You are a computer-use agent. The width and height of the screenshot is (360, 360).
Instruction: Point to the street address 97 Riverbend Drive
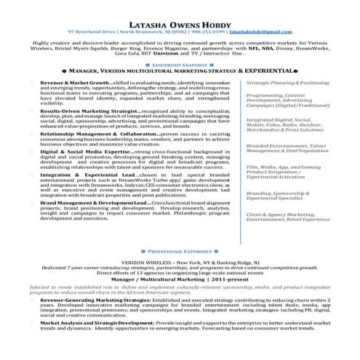tap(92, 33)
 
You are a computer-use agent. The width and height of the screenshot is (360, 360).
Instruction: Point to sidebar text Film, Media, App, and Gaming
tap(283, 166)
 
